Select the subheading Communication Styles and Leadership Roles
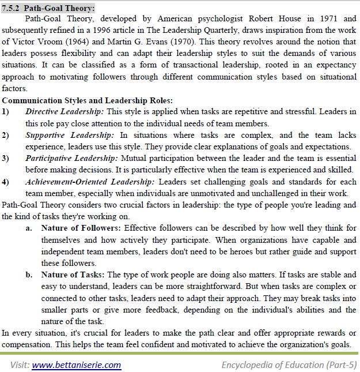coord(88,100)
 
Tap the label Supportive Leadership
coord(70,135)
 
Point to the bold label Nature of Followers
coord(80,228)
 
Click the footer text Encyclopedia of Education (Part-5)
coord(289,365)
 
